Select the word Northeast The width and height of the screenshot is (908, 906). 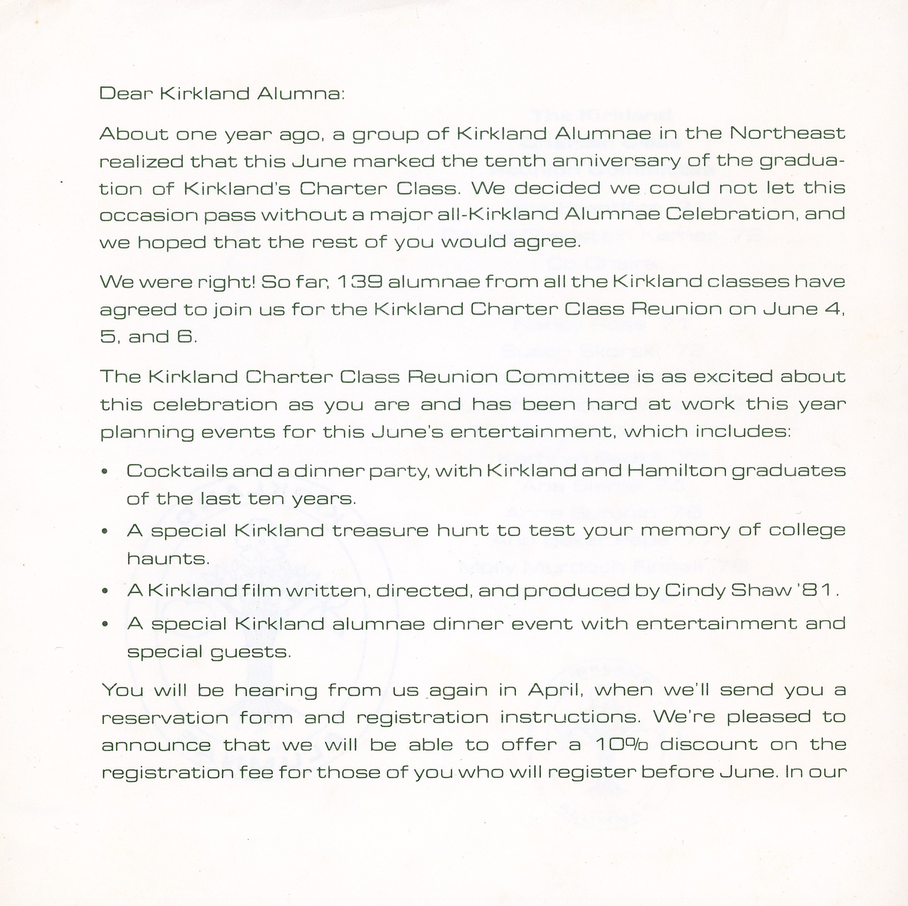click(787, 133)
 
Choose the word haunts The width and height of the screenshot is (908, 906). click(168, 559)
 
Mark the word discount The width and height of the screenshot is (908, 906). click(710, 745)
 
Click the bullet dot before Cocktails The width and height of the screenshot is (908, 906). click(105, 471)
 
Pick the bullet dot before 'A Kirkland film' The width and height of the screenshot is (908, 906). click(105, 591)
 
